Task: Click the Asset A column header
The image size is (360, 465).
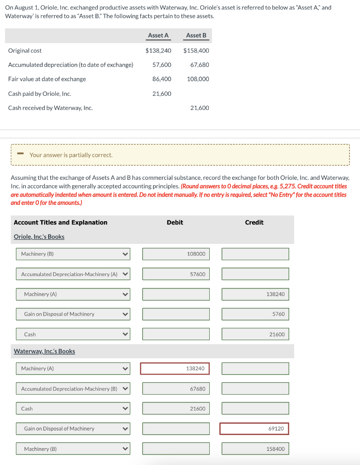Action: tap(158, 35)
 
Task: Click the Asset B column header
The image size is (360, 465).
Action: tap(196, 35)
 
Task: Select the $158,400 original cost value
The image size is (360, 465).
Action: tap(196, 50)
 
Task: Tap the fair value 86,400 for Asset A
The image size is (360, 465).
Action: tap(162, 79)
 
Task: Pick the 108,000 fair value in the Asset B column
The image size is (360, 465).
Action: tap(198, 79)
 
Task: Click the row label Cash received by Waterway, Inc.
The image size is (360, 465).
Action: tap(50, 108)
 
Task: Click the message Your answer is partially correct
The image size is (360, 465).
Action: tap(71, 155)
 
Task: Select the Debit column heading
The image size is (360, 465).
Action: tap(175, 222)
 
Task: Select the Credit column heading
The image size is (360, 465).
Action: tap(254, 222)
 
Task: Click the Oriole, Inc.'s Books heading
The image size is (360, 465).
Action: tap(39, 237)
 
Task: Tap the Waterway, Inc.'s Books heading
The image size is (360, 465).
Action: tap(44, 351)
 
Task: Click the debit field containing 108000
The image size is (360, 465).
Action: tap(176, 254)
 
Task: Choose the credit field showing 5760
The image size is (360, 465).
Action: tap(255, 314)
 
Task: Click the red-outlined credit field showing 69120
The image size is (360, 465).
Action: tap(254, 428)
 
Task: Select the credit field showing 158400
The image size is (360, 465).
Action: tap(255, 449)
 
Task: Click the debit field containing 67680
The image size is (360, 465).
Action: tap(176, 389)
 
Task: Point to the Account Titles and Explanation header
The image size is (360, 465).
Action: tap(61, 222)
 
